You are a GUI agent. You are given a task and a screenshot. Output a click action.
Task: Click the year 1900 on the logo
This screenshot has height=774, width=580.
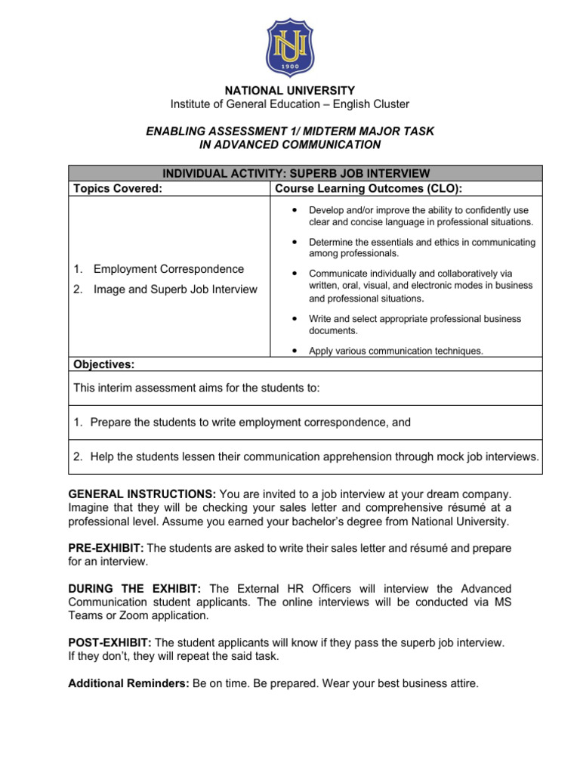289,65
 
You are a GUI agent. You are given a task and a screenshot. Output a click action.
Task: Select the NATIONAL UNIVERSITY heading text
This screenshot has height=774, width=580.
290,91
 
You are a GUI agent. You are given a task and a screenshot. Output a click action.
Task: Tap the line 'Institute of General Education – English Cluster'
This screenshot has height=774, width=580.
290,104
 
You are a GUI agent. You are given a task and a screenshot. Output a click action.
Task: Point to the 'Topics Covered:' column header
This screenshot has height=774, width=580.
117,187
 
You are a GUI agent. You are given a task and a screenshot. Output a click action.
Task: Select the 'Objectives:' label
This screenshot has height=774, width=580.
103,364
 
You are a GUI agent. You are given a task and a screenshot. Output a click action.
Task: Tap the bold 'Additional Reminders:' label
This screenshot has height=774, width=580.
128,684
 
